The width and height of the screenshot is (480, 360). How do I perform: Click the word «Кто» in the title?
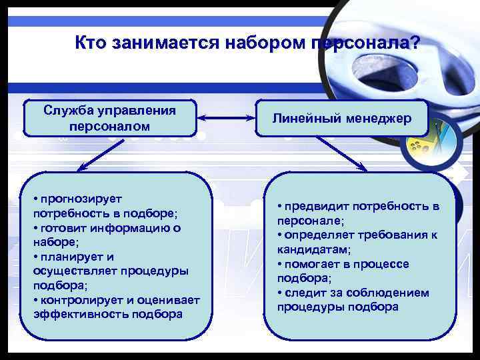pyautogui.click(x=91, y=44)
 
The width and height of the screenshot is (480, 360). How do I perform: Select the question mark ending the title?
pyautogui.click(x=415, y=44)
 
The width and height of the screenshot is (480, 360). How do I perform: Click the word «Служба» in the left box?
pyautogui.click(x=69, y=110)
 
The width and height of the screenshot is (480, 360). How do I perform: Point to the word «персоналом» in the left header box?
pyautogui.click(x=109, y=125)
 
